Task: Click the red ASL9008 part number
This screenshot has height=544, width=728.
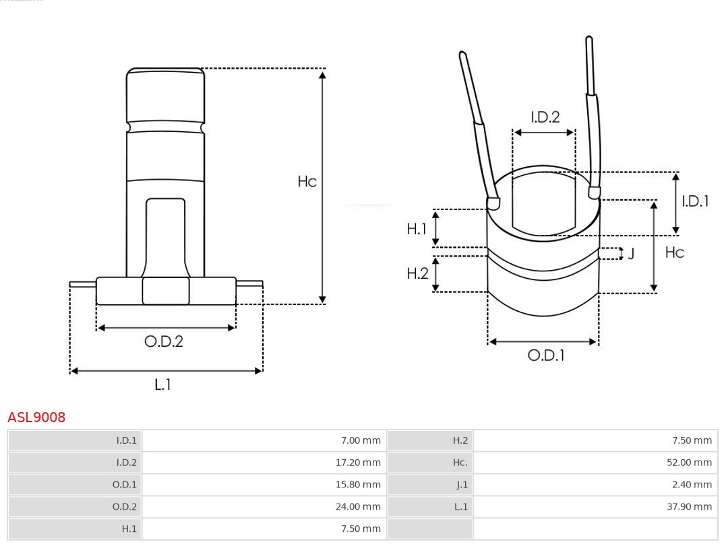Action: click(x=36, y=417)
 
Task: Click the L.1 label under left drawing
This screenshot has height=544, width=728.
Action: click(x=163, y=384)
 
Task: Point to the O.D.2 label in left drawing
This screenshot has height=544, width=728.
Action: click(x=164, y=341)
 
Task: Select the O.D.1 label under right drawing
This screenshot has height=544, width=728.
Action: click(x=546, y=355)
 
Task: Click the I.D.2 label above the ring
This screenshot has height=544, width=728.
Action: click(x=545, y=117)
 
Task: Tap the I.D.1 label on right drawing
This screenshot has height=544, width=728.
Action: click(x=695, y=201)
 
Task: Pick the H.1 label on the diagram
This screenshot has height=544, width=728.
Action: click(x=417, y=229)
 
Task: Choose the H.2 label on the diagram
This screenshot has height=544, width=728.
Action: click(x=417, y=273)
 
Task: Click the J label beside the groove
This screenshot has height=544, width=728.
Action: click(x=632, y=254)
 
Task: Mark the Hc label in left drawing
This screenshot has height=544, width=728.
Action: click(x=307, y=181)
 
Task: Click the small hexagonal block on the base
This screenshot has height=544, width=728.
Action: click(x=166, y=291)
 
